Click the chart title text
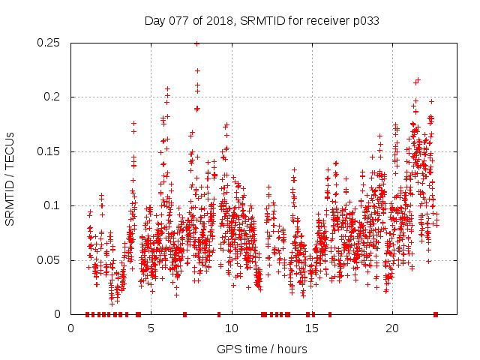(261, 21)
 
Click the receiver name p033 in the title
(364, 21)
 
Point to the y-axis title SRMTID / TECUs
(10, 178)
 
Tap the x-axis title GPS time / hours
(262, 349)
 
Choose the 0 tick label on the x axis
(70, 328)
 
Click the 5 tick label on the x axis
(151, 328)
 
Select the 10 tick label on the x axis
(232, 328)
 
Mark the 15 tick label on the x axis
(312, 328)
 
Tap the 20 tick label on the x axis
(392, 328)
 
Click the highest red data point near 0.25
(197, 43)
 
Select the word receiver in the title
(325, 21)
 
